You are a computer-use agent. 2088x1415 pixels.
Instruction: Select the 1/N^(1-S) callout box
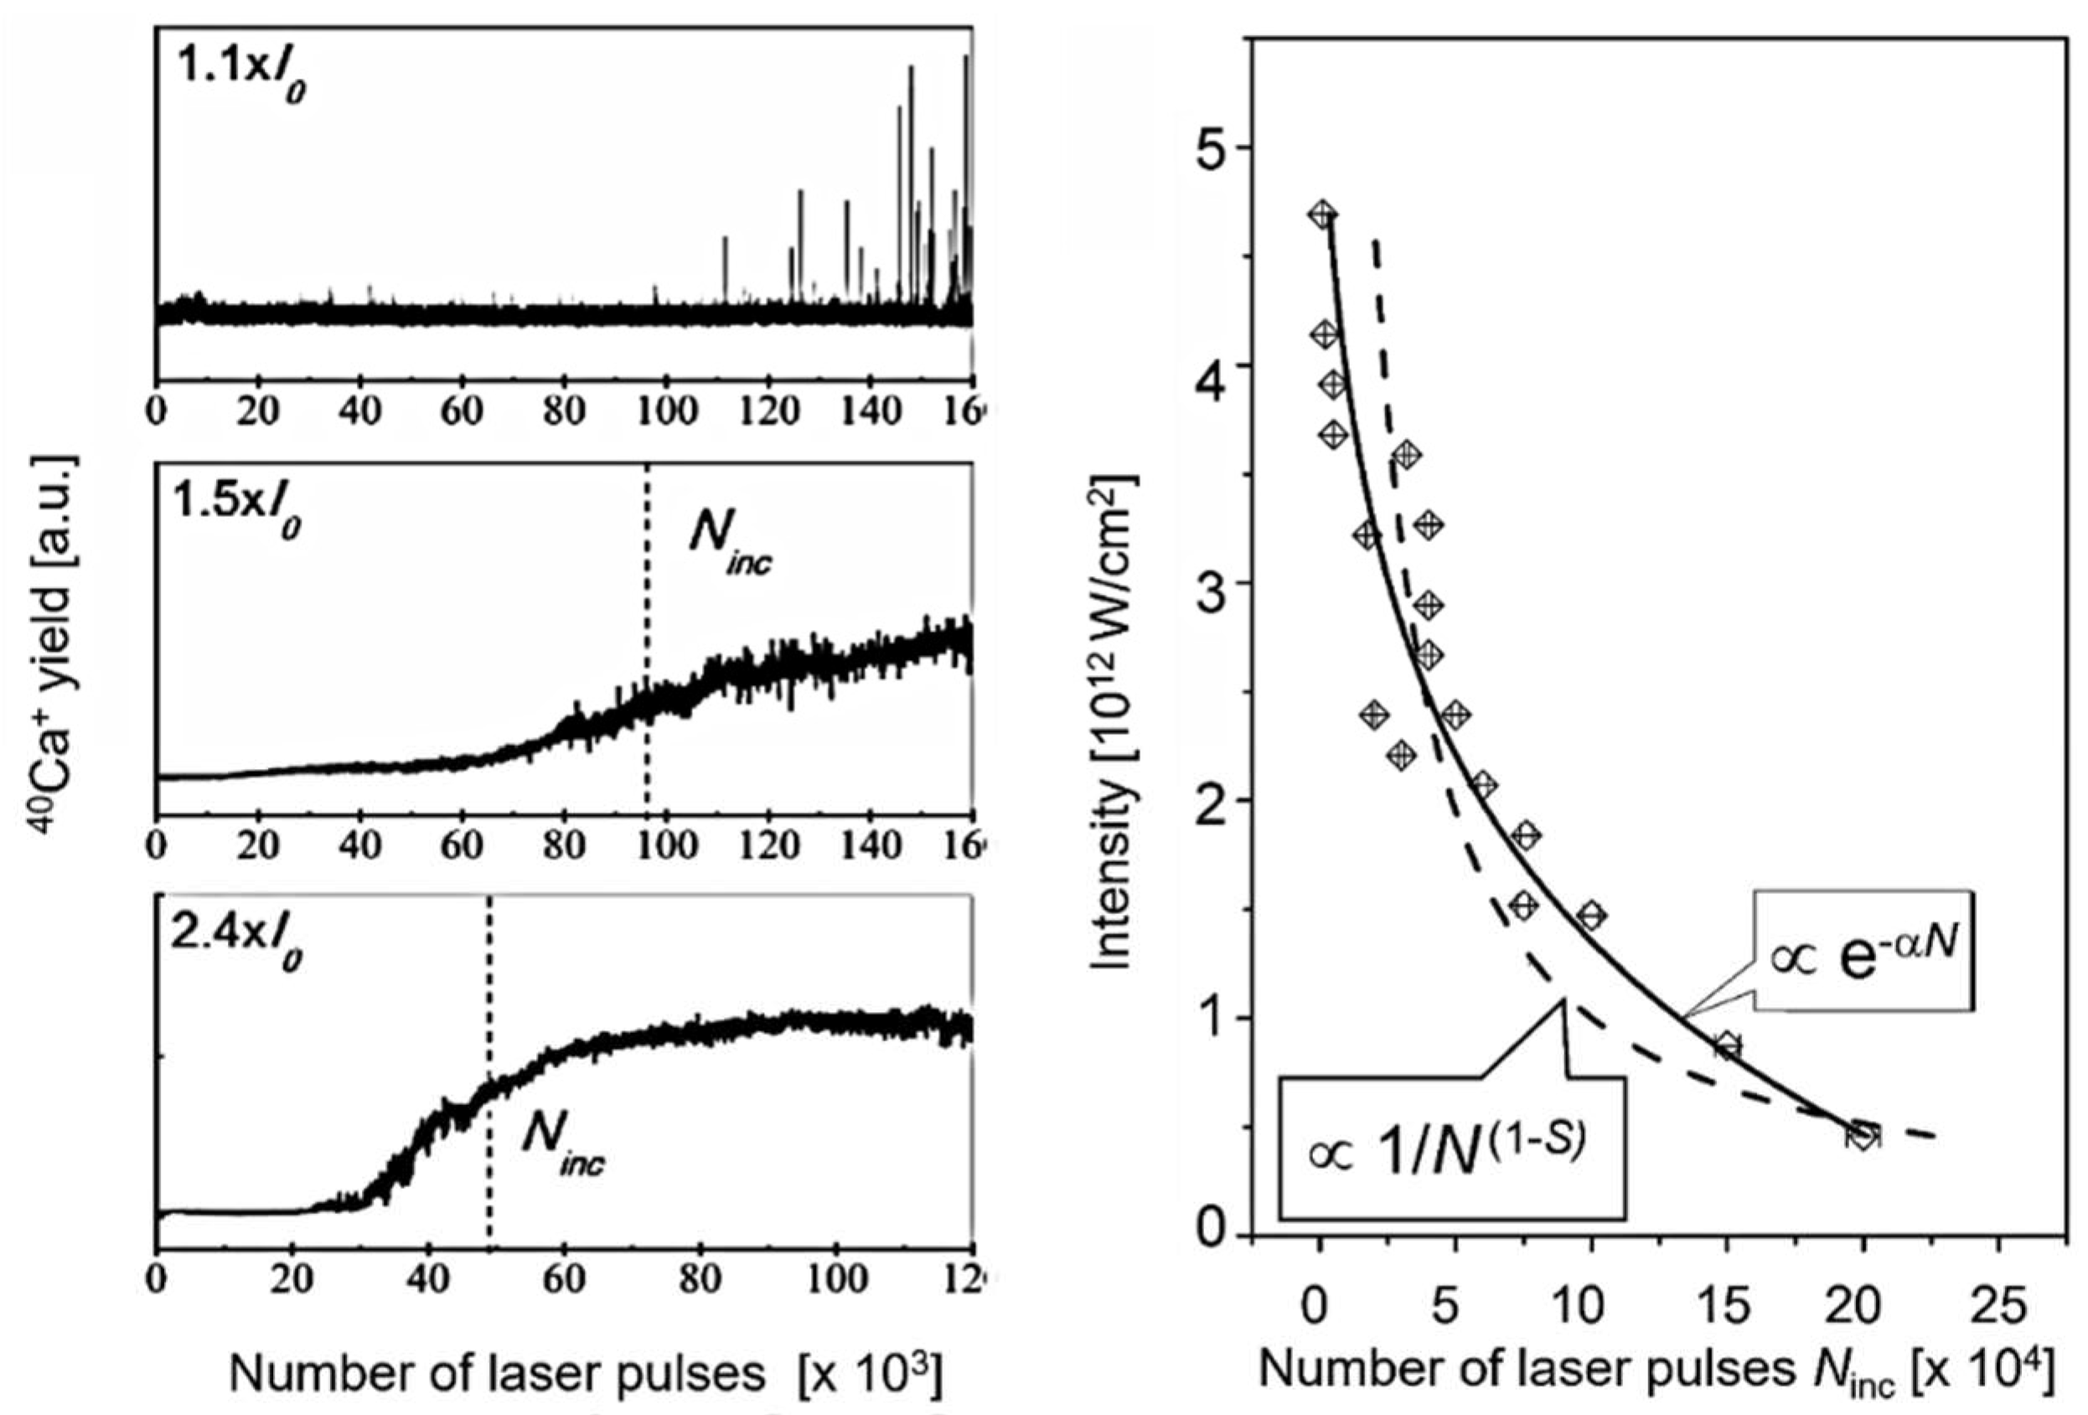pyautogui.click(x=1453, y=1149)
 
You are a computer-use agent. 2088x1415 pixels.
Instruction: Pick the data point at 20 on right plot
pyautogui.click(x=1863, y=1134)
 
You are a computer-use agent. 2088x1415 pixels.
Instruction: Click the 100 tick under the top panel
pyautogui.click(x=667, y=411)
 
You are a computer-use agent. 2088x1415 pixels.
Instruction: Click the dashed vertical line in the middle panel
pyautogui.click(x=647, y=683)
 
